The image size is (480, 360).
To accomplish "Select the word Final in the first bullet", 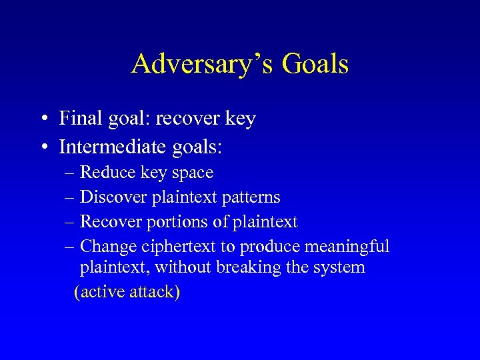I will (77, 119).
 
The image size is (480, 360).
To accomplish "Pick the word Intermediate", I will (111, 145).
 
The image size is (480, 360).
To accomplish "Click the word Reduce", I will (108, 173).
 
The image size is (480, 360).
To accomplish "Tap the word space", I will (193, 173).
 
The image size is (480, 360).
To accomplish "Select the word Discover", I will (114, 197).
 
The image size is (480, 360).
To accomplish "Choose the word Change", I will (109, 247).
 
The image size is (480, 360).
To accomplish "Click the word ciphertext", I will (179, 247).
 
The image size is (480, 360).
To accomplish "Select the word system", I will (342, 268).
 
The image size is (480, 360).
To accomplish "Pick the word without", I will (179, 268).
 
